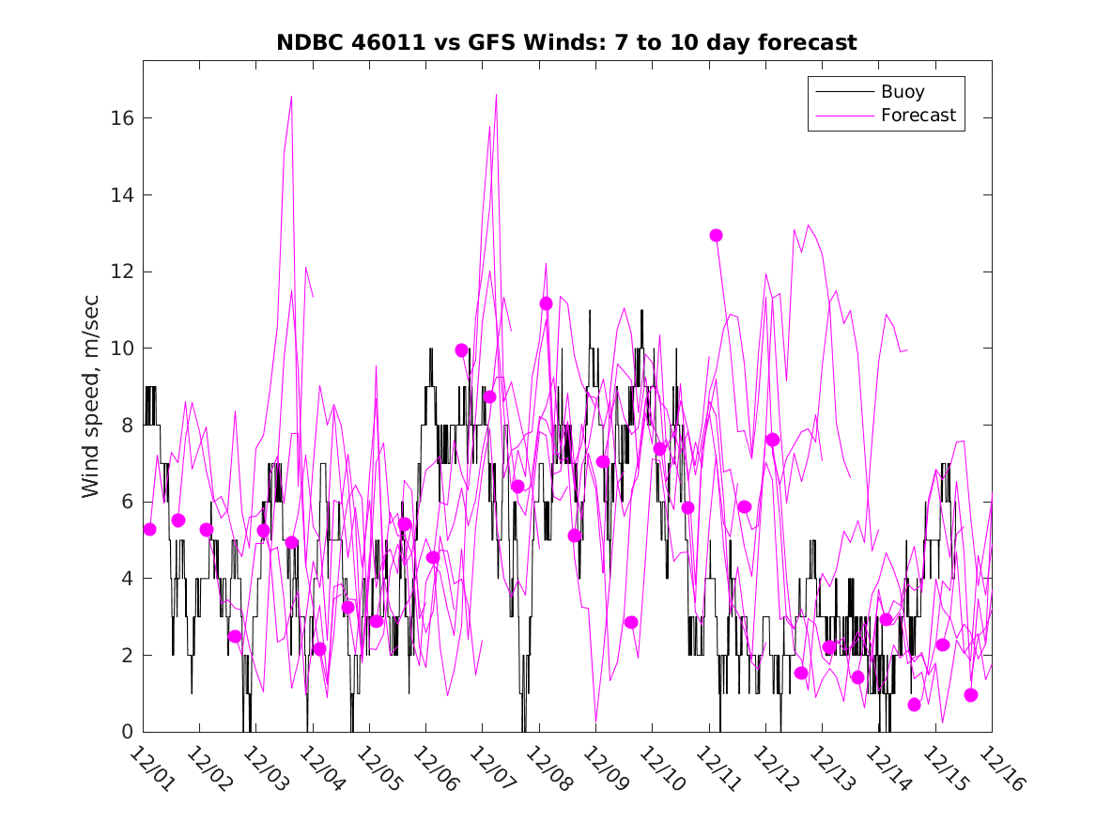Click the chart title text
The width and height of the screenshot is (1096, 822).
[566, 43]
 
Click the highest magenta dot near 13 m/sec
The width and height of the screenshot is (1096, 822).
[716, 235]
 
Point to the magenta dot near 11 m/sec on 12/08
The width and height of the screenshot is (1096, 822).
[546, 302]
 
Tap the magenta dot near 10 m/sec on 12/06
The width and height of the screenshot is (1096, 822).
[461, 350]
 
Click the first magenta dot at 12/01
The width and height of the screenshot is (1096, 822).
[150, 529]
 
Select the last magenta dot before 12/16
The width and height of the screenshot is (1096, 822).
[971, 695]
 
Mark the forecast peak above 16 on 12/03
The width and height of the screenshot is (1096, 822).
[291, 96]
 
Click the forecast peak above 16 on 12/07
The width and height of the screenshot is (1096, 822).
[496, 94]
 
